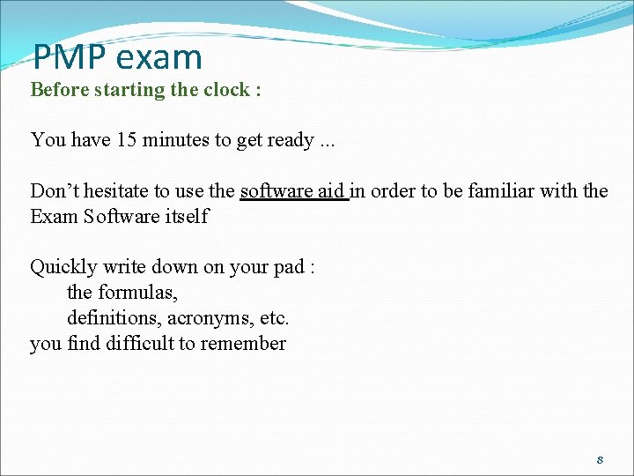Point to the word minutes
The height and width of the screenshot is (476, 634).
175,139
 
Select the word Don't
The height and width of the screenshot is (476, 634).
55,191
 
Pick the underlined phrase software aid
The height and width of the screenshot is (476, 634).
293,191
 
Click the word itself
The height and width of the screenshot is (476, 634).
187,216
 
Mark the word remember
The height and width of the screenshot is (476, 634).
243,343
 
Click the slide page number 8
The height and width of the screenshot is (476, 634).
600,459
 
